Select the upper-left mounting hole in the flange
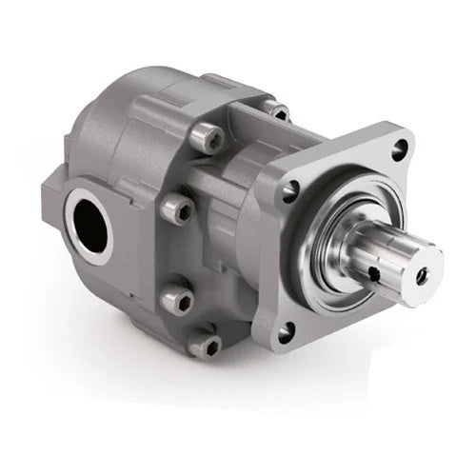288,194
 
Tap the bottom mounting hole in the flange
285,330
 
